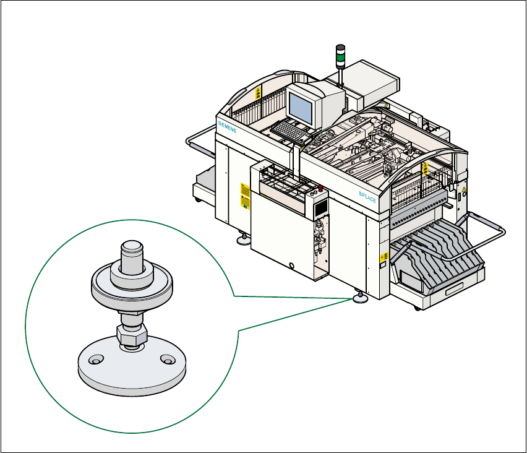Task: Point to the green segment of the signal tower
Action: (x=339, y=61)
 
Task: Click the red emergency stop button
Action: (x=320, y=186)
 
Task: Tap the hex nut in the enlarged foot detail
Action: (x=131, y=336)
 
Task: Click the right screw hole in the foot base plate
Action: (x=165, y=358)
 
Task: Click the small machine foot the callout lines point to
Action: (x=360, y=300)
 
